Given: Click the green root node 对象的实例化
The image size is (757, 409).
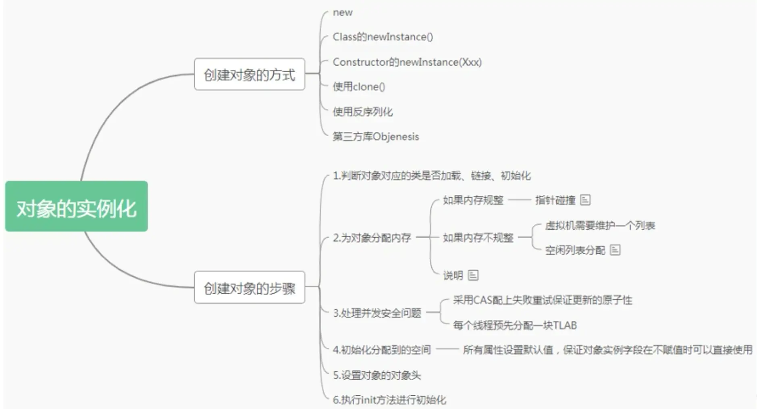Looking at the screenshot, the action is coord(77,207).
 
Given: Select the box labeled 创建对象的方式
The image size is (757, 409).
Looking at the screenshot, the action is coord(250,75).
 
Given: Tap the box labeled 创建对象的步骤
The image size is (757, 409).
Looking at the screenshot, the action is coord(250,288).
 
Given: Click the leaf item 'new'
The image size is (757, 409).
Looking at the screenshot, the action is coord(343,13).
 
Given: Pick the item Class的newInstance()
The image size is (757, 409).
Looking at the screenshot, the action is coord(383,37).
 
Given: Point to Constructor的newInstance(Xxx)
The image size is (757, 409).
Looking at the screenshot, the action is coord(407,62).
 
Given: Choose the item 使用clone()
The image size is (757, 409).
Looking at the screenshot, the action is coord(359,87).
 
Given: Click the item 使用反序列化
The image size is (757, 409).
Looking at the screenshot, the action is coord(362,112).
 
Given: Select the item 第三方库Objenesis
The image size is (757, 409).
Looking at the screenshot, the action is coord(376,137).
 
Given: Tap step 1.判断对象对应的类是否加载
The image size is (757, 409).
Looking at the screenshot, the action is coord(432,176).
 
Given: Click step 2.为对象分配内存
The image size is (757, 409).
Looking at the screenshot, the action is coord(372,238).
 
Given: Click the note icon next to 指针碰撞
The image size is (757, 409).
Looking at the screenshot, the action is coord(585,200).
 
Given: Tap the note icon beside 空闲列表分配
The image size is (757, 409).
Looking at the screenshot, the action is coord(615,250).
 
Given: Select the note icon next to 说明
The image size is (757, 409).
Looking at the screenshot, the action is coord(473,275).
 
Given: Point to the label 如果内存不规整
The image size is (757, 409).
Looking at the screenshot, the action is coord(478,238).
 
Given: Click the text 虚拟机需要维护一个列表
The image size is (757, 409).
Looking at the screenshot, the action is coord(600,225).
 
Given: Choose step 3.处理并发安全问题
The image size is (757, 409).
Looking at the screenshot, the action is coord(377,313).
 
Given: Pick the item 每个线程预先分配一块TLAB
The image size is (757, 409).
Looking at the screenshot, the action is coord(515,325).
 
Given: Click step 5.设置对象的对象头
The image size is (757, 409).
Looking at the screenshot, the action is coord(377,375).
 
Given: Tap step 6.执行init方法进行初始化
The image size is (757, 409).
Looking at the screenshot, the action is coord(389,400).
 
